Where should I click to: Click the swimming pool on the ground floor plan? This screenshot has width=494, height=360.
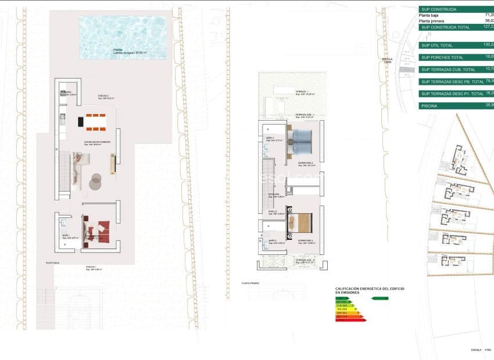click(123, 37)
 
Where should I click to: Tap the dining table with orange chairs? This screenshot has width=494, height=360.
click(97, 122)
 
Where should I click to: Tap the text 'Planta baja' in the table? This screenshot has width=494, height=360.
click(430, 15)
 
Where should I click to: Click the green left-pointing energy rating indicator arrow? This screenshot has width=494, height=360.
click(380, 298)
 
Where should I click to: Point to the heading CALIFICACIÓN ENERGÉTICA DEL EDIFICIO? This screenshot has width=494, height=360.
click(370, 288)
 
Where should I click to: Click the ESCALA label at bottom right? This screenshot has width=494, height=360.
click(477, 350)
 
